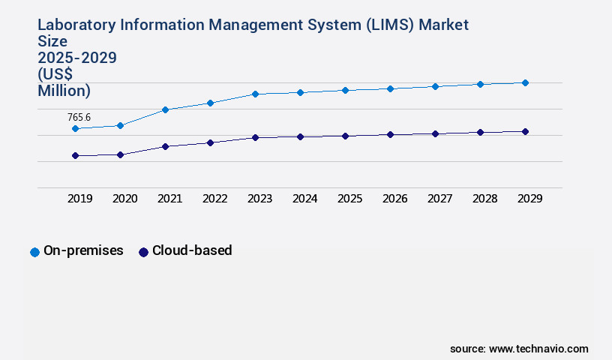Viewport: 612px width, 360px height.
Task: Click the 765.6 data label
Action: pos(79,117)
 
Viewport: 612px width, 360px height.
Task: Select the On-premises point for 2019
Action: pos(75,129)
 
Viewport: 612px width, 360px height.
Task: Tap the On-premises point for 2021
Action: pos(165,109)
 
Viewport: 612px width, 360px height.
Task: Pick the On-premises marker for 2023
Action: pos(255,94)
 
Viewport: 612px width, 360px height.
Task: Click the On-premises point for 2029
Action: pos(525,82)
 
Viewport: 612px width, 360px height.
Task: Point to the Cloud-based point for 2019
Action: pos(75,155)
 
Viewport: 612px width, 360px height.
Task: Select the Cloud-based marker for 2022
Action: pos(210,142)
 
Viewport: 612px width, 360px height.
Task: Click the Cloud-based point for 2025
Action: pos(345,136)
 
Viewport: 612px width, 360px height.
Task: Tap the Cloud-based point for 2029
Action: pos(525,131)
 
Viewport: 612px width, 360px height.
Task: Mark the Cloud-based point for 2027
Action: pos(435,133)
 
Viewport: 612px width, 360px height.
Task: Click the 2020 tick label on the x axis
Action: pos(124,199)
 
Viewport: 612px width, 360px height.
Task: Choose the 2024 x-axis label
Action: pos(304,199)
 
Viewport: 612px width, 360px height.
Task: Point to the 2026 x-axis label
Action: pos(394,199)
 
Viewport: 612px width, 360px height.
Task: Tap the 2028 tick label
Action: pos(484,199)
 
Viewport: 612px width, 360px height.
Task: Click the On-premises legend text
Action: pos(83,250)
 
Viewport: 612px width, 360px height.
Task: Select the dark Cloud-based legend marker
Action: pos(143,252)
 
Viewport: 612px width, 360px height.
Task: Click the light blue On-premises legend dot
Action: pos(34,252)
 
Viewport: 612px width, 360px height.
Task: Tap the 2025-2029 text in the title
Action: pos(77,58)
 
